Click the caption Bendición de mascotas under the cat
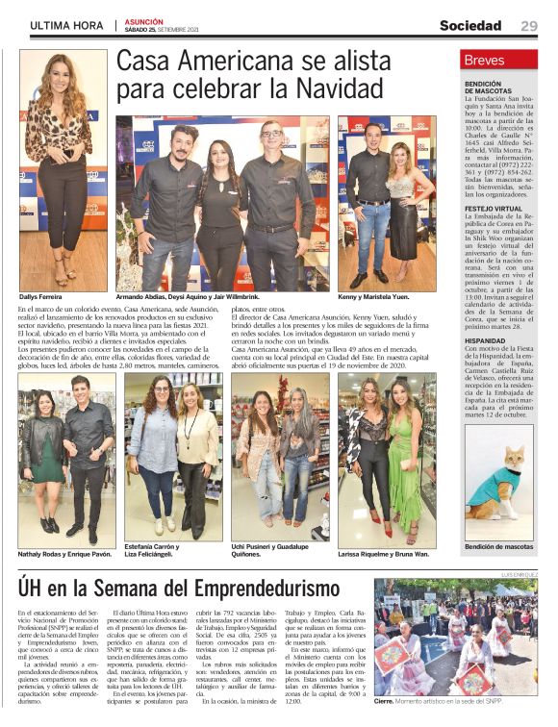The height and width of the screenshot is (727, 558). point(498,546)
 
